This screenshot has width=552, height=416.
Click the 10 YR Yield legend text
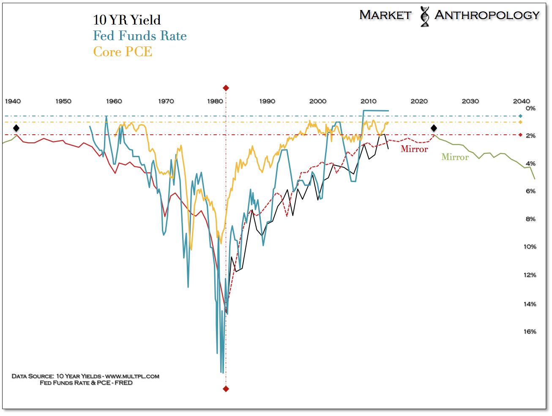(x=127, y=20)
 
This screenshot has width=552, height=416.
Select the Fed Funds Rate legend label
(x=140, y=36)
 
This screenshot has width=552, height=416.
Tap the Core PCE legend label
(x=123, y=52)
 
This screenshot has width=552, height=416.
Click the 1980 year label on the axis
(x=216, y=101)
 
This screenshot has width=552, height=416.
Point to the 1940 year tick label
(x=13, y=101)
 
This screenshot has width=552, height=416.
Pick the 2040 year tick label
(x=521, y=101)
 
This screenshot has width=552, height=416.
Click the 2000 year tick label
(x=318, y=101)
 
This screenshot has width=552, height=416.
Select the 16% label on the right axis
(x=530, y=332)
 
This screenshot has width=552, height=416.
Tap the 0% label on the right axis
(x=530, y=109)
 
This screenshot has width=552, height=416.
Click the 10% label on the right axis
(x=530, y=247)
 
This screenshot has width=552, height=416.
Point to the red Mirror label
(x=414, y=149)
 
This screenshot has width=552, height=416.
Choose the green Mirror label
(x=455, y=157)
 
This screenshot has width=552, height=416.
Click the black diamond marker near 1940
(x=16, y=128)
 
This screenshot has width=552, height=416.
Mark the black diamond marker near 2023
(x=434, y=128)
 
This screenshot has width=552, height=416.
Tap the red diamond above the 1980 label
(x=226, y=88)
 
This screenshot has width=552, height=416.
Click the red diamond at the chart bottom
(x=226, y=389)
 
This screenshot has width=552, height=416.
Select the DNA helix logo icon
(x=424, y=16)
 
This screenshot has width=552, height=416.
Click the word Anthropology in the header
(x=487, y=15)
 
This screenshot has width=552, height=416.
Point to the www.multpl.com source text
(x=132, y=376)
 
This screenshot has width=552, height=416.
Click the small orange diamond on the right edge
(x=520, y=122)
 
